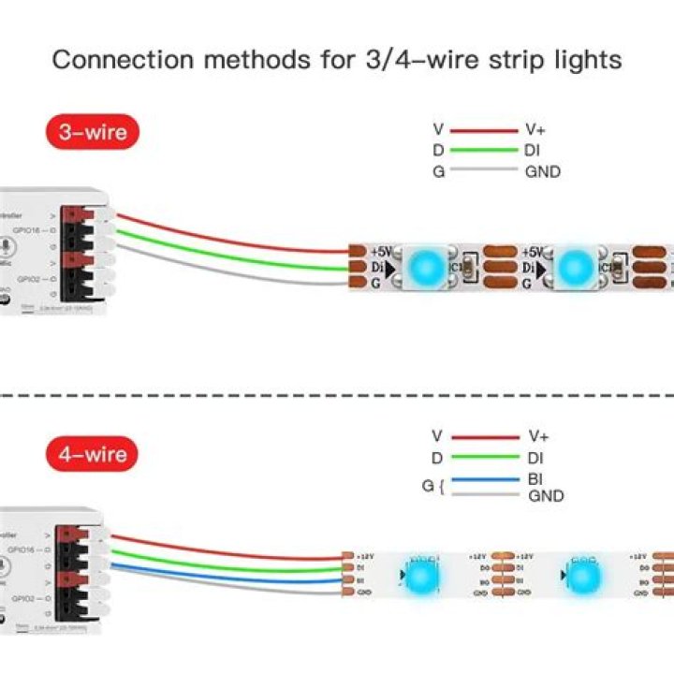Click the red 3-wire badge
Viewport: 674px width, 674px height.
pyautogui.click(x=93, y=132)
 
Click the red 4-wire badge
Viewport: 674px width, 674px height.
pyautogui.click(x=93, y=455)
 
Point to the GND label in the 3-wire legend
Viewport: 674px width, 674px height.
pyautogui.click(x=543, y=171)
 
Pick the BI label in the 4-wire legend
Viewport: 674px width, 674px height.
pyautogui.click(x=536, y=477)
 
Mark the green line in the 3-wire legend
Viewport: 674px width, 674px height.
pyautogui.click(x=484, y=151)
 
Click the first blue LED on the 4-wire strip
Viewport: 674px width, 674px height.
pyautogui.click(x=420, y=573)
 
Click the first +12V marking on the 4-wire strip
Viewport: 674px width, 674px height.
pyautogui.click(x=365, y=556)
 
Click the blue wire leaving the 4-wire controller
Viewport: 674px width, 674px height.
pyautogui.click(x=225, y=575)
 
